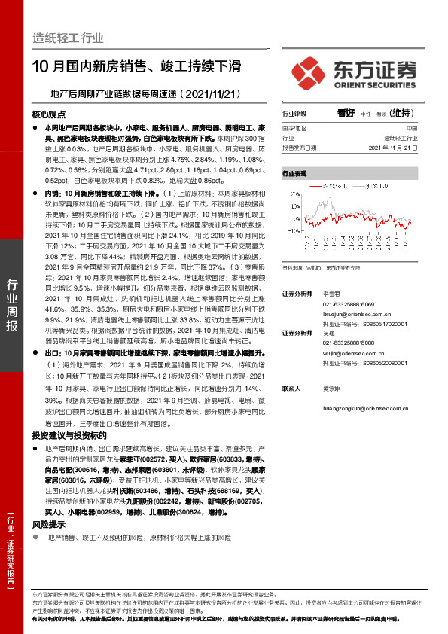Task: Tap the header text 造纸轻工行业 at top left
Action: (68, 38)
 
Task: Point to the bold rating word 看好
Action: (346, 113)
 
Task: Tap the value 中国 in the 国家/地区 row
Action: (411, 129)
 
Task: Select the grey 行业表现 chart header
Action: (295, 173)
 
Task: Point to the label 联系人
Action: (292, 389)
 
